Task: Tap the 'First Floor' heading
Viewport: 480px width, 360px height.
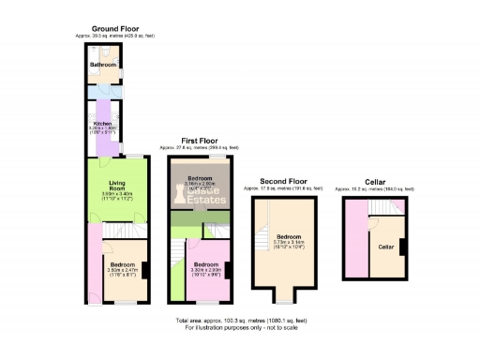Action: click(x=200, y=142)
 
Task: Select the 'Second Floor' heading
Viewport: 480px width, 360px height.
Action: click(x=285, y=181)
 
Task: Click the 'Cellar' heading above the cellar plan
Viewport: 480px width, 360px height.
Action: click(x=376, y=181)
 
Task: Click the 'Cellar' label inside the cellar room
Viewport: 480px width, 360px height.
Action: click(x=385, y=247)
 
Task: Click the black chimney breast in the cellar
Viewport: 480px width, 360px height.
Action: click(x=403, y=247)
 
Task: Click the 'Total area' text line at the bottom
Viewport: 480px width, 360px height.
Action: click(x=241, y=321)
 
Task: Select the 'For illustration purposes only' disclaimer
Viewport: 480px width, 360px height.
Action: click(x=241, y=327)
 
